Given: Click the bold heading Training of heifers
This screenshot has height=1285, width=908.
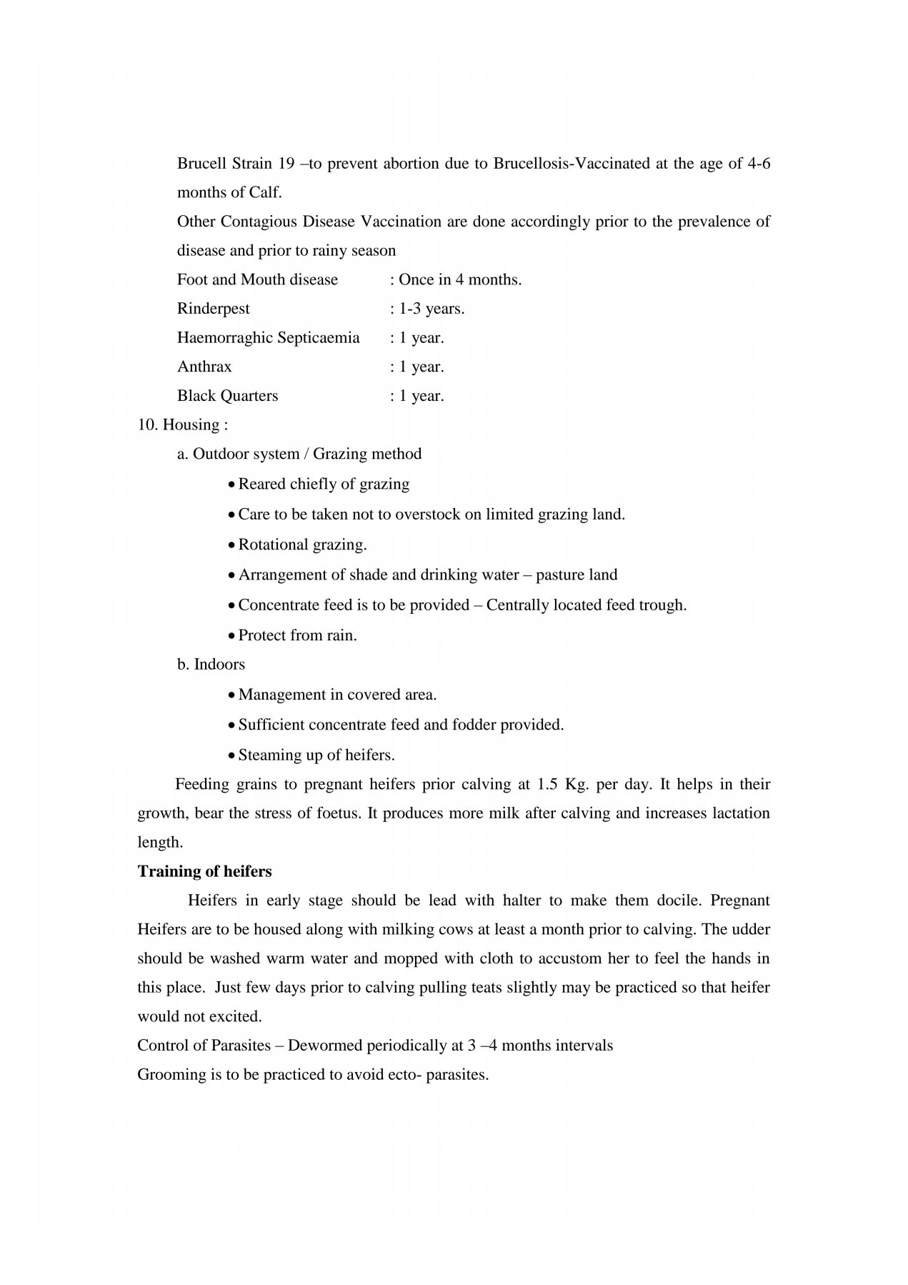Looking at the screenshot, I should (x=204, y=871).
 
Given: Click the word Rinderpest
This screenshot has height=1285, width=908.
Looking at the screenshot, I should (x=214, y=309).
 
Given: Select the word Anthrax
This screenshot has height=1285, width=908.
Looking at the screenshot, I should (x=204, y=367).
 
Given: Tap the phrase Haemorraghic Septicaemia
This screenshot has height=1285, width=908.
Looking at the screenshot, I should (x=268, y=337).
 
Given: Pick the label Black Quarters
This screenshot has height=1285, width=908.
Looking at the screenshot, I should (x=227, y=395).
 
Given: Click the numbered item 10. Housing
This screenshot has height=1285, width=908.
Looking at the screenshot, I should (x=182, y=425).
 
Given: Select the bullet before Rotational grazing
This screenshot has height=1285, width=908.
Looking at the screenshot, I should (x=231, y=545).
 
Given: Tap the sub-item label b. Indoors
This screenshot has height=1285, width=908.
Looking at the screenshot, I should (x=211, y=664).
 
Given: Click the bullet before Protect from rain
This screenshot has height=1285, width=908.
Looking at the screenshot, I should (x=231, y=636).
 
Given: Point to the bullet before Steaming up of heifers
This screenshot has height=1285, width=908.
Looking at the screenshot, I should (x=231, y=755).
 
